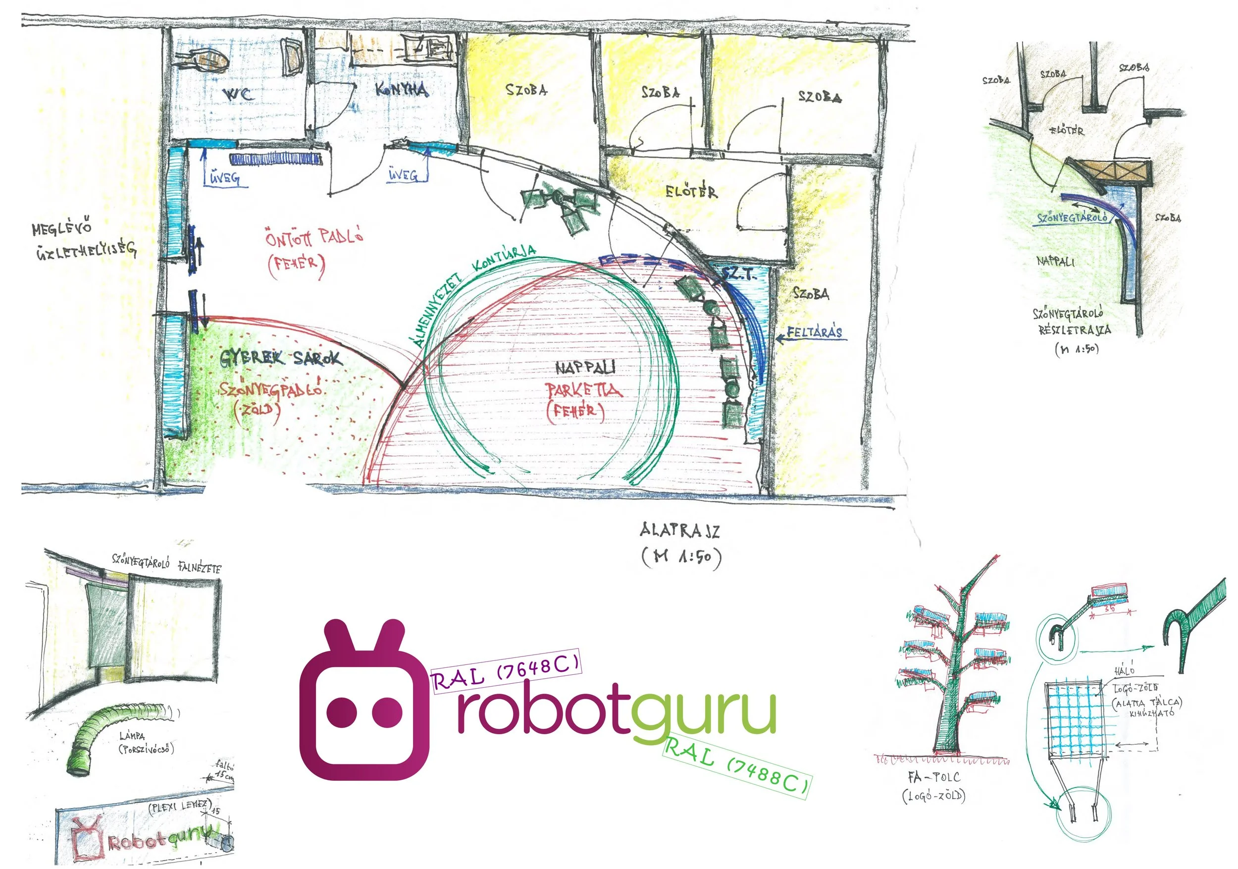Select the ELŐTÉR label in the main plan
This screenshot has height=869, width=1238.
click(x=691, y=192)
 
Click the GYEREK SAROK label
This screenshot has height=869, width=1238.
click(x=280, y=358)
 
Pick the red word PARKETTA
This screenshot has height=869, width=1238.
click(x=583, y=389)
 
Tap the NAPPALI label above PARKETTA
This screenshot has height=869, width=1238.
click(x=585, y=368)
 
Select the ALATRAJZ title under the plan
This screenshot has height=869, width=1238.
click(x=679, y=531)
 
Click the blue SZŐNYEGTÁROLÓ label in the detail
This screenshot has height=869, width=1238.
click(x=1073, y=218)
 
